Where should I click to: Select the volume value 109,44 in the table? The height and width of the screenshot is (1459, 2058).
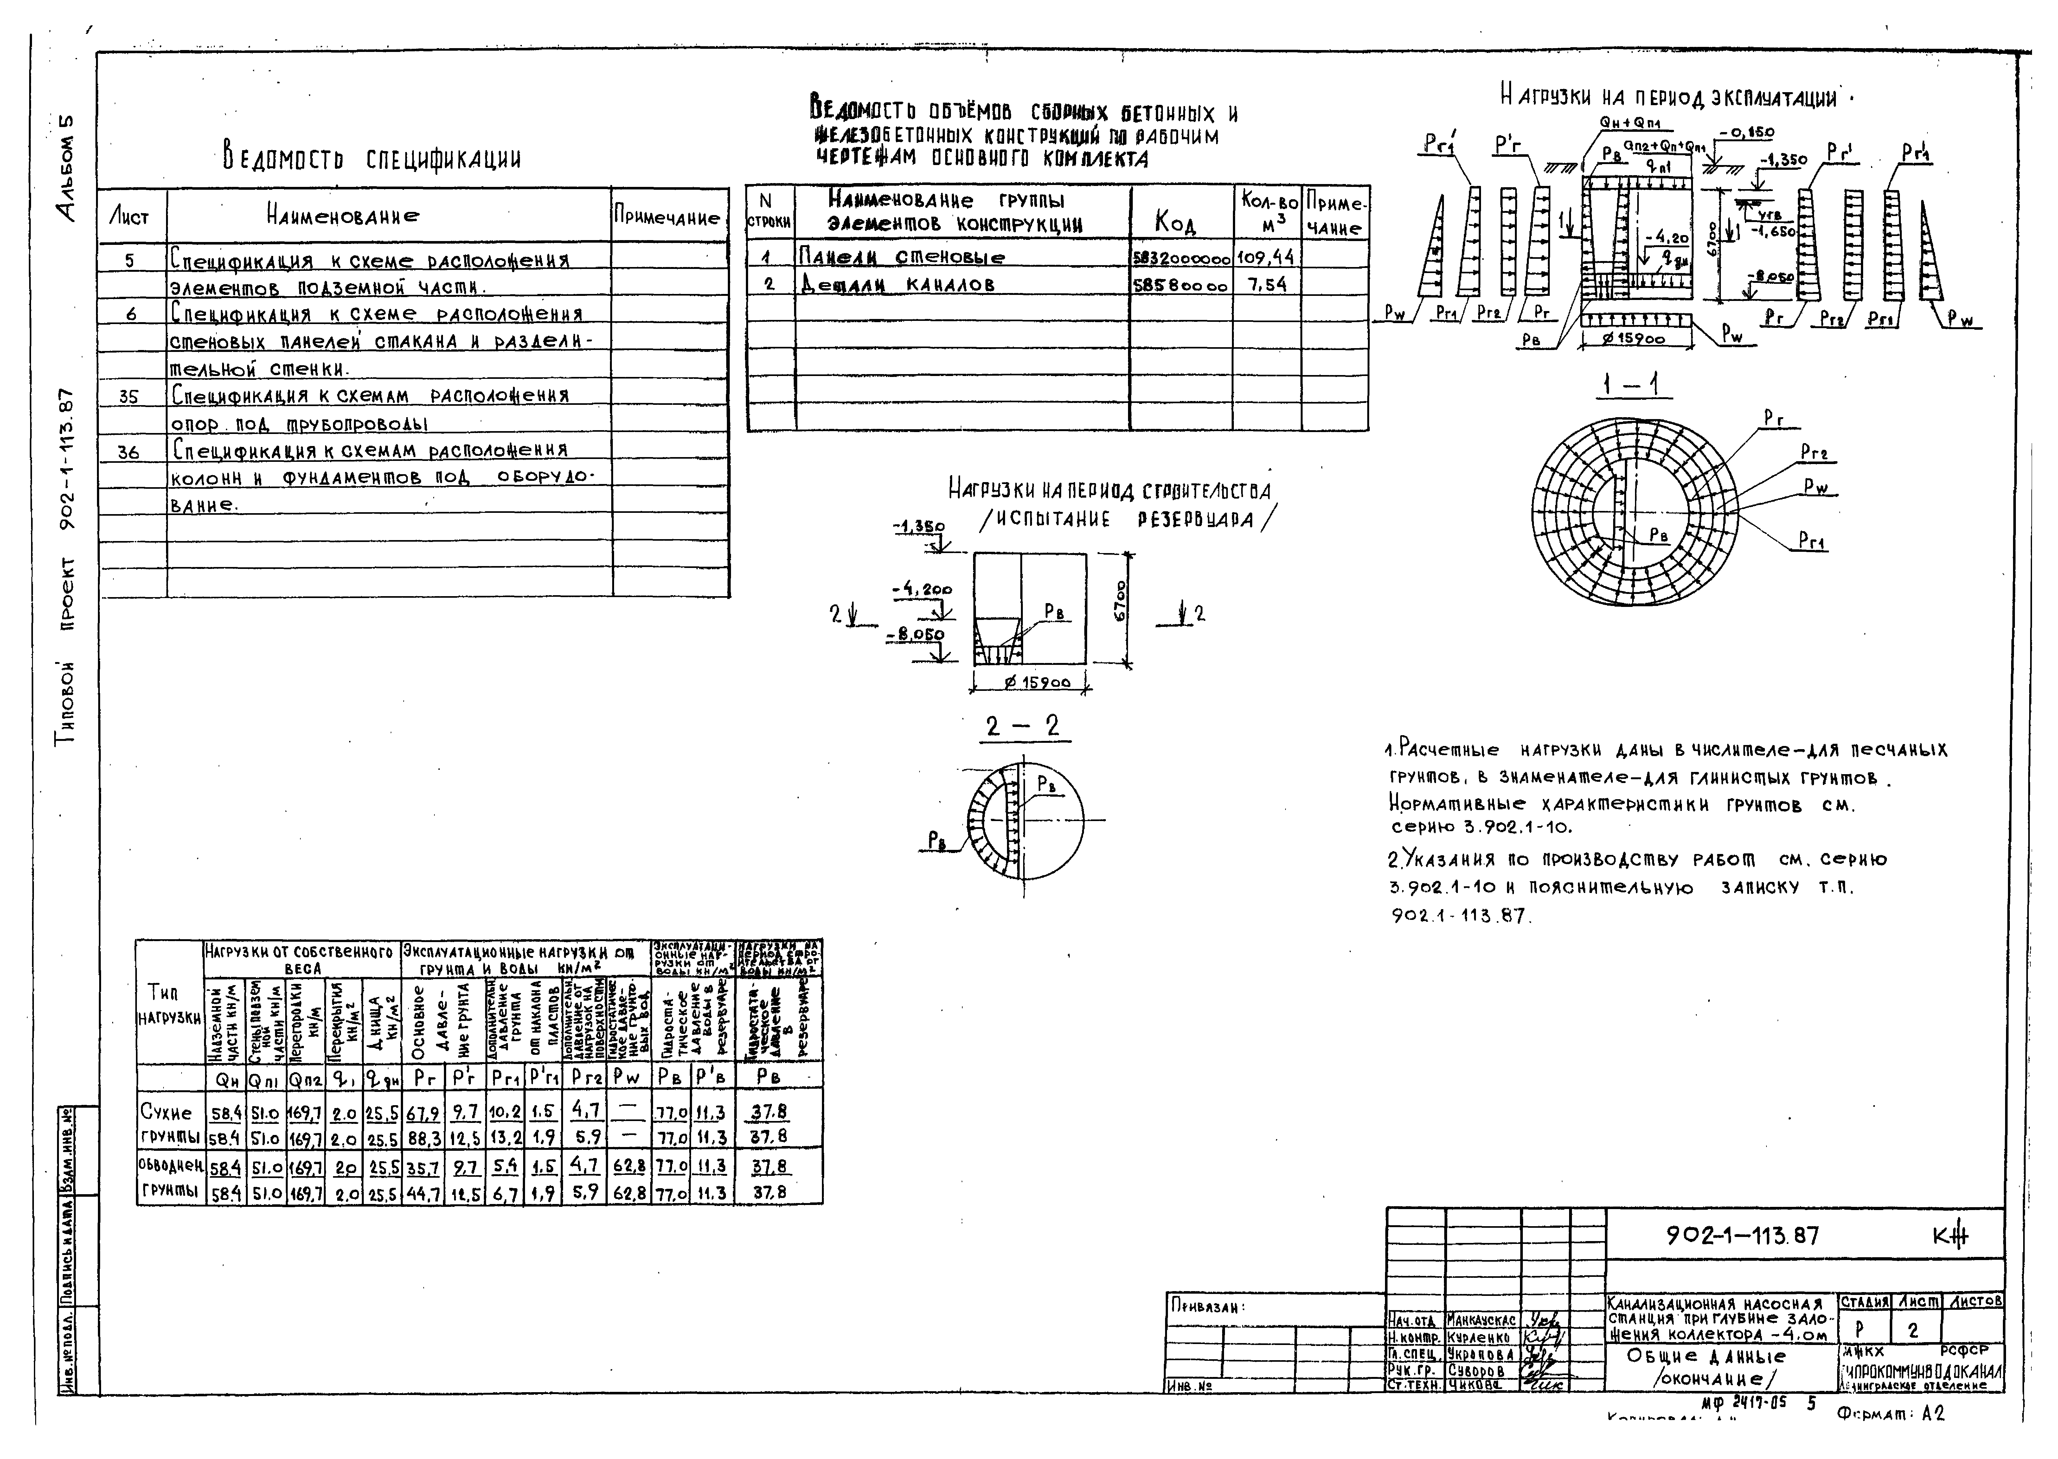(x=1265, y=257)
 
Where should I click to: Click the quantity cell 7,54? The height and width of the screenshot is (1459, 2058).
(x=1265, y=285)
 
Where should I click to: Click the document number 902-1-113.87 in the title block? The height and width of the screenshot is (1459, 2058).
(x=1742, y=1236)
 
